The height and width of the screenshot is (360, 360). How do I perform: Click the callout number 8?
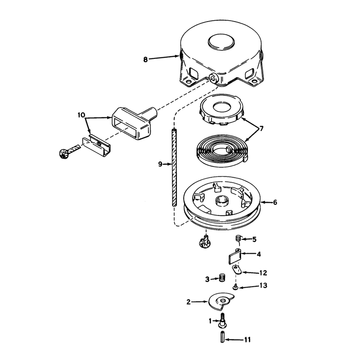click(x=145, y=59)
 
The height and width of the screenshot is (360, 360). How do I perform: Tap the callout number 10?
click(x=81, y=115)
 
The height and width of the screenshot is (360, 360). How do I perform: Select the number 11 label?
click(x=247, y=339)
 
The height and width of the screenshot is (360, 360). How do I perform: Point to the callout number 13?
click(x=264, y=285)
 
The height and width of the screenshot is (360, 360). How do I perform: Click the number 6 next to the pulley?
click(x=275, y=202)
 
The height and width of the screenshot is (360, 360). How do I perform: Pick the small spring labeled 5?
click(x=239, y=238)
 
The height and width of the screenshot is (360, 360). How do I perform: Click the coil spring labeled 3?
click(x=222, y=278)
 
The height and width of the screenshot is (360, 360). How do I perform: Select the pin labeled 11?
click(x=222, y=337)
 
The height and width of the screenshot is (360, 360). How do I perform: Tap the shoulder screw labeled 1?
click(x=222, y=319)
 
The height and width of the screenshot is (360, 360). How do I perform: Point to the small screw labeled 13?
click(x=235, y=286)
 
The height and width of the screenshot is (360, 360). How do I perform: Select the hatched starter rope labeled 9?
click(x=175, y=167)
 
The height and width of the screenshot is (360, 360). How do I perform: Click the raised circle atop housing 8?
click(x=221, y=42)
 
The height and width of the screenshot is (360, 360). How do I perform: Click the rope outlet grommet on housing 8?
click(x=214, y=78)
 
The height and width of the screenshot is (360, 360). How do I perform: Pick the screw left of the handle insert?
click(x=68, y=151)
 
